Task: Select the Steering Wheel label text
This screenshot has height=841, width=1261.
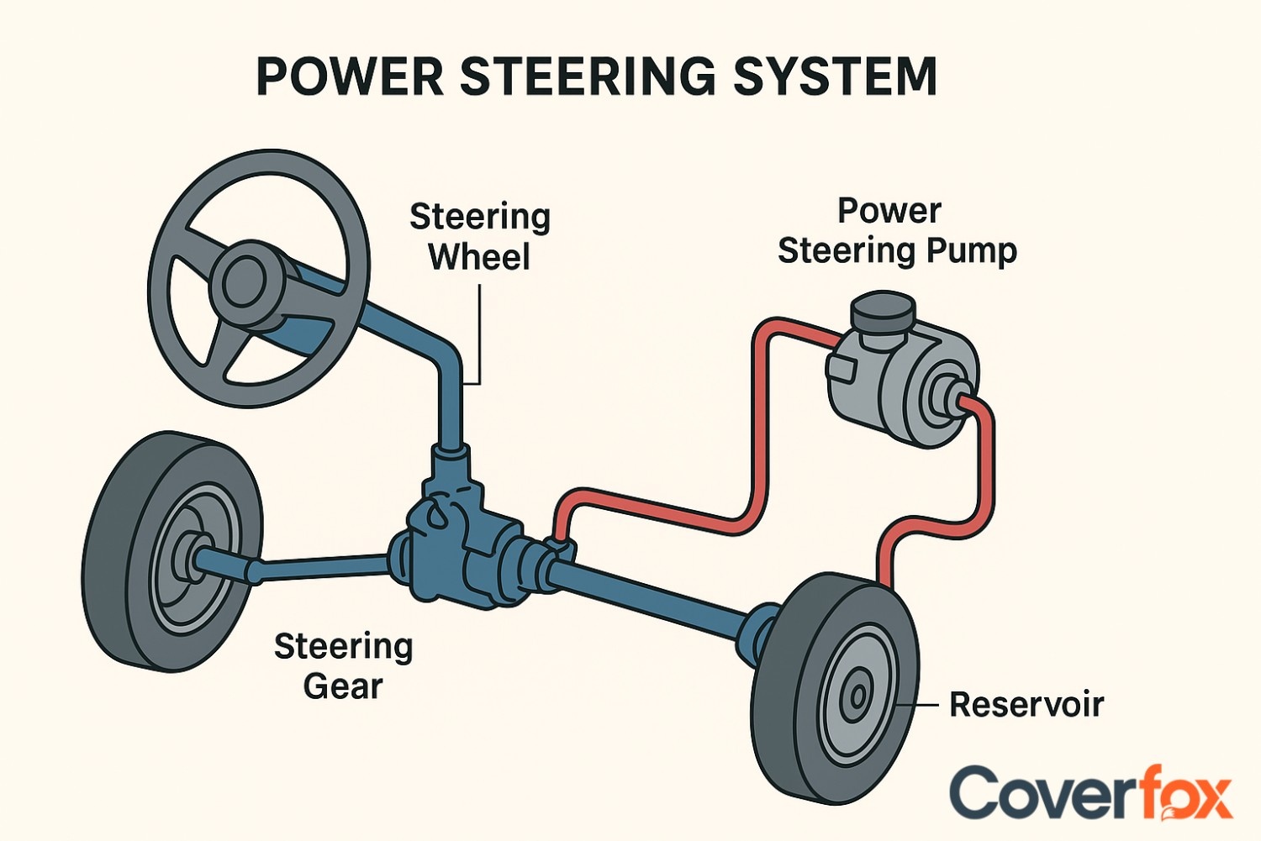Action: point(479,237)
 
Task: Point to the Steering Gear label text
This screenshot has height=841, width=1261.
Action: point(343,666)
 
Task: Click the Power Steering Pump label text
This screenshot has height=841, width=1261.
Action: point(896,231)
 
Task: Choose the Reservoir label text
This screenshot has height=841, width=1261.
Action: point(1026,704)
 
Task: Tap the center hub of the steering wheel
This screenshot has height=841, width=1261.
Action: point(245,281)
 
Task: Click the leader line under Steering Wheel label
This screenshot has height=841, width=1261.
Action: point(479,336)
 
